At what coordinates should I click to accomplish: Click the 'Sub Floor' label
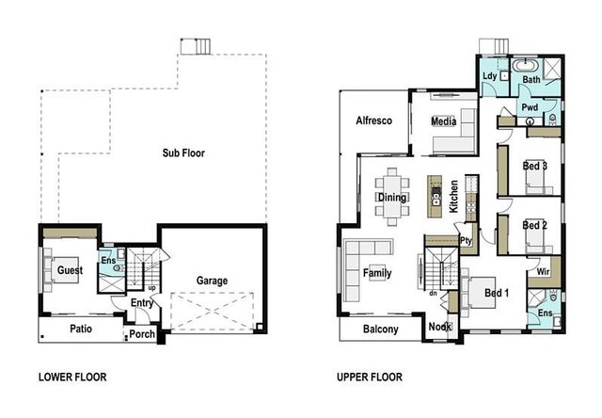click(182, 153)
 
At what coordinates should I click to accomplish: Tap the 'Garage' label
click(213, 281)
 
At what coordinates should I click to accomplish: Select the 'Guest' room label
click(70, 270)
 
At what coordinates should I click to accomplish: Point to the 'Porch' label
click(142, 334)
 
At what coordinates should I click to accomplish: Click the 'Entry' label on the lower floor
click(142, 303)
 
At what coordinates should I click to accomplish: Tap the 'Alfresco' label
click(373, 121)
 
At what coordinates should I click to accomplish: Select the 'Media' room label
click(443, 122)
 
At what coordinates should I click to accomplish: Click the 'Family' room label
click(377, 274)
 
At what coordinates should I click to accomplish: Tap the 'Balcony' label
click(381, 330)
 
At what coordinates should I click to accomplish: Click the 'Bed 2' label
click(534, 226)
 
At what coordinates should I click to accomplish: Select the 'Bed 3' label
click(534, 167)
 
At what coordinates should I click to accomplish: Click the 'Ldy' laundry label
click(489, 76)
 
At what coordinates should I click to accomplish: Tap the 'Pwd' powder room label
click(530, 109)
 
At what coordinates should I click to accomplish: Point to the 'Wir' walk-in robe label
click(543, 271)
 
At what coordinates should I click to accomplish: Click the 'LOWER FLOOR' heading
click(72, 378)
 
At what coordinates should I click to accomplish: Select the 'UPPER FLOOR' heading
click(370, 378)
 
